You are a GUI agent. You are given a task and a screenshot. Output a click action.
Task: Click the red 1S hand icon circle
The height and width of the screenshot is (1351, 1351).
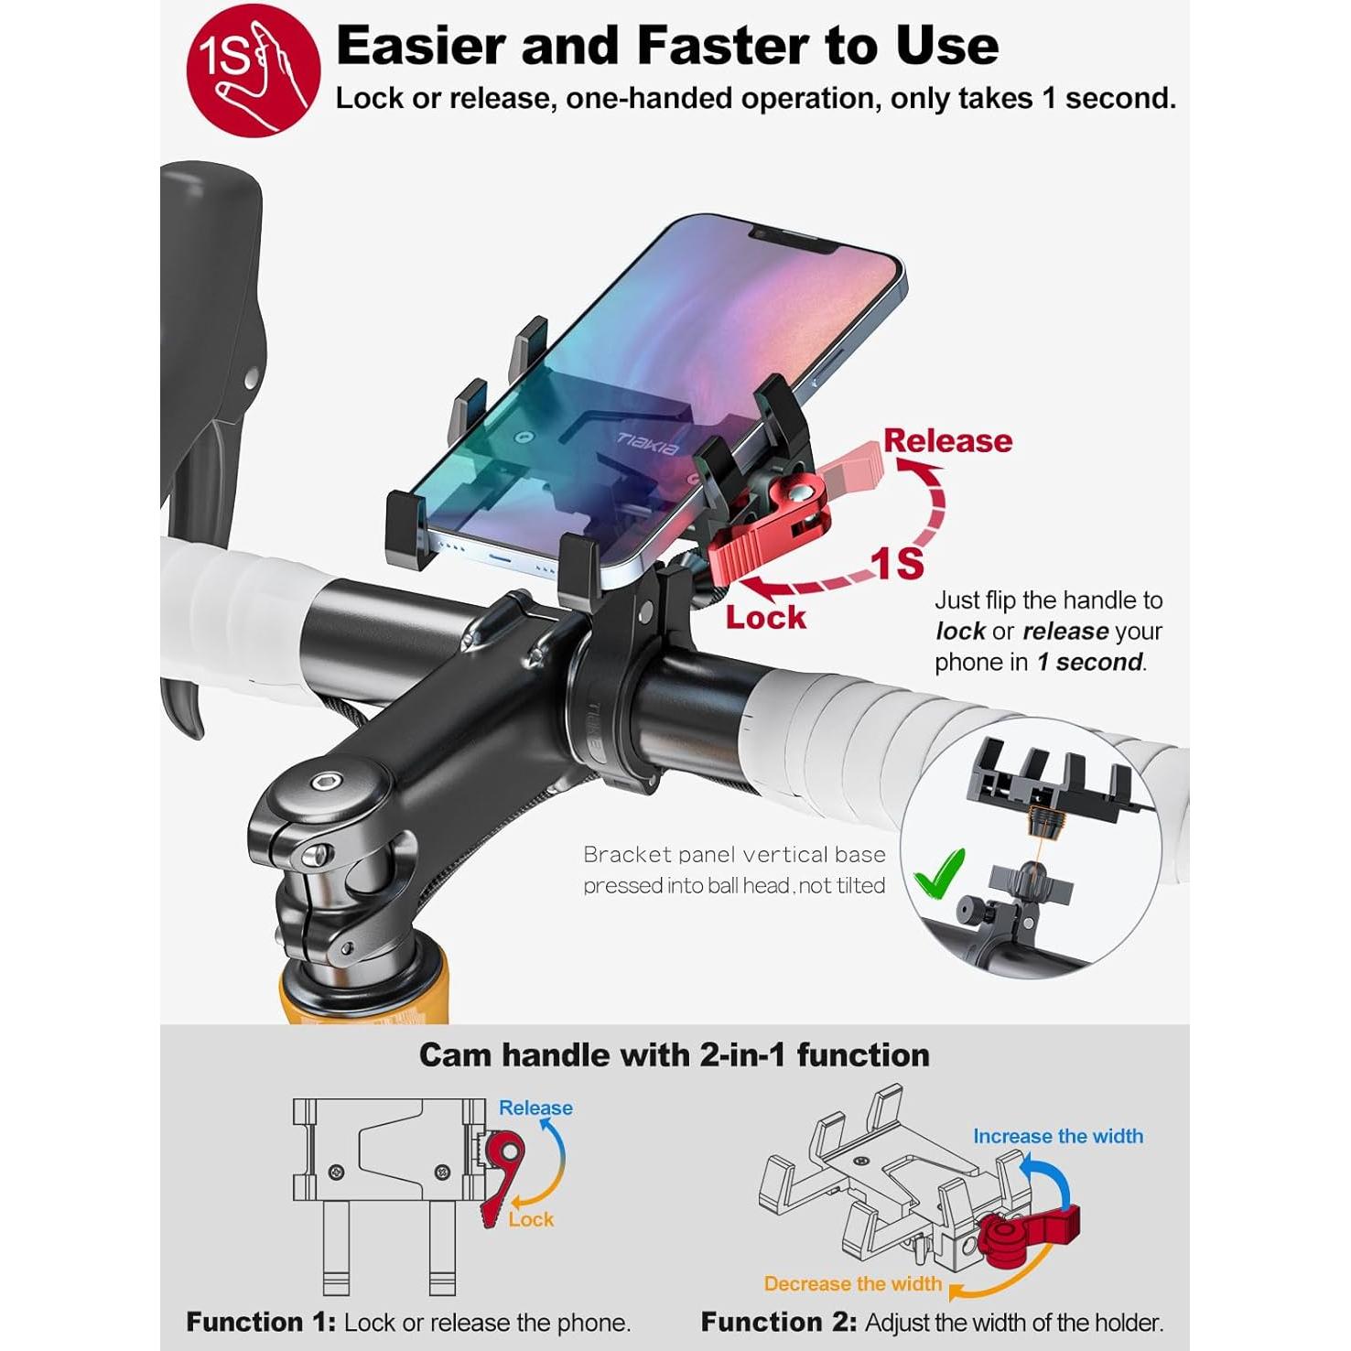(x=253, y=70)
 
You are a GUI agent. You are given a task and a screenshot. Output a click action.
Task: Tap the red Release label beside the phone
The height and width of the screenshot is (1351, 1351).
(x=947, y=441)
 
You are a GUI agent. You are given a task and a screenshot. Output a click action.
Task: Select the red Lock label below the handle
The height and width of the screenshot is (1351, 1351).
(x=765, y=618)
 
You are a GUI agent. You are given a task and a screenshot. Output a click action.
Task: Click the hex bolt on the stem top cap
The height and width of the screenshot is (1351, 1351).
(x=325, y=782)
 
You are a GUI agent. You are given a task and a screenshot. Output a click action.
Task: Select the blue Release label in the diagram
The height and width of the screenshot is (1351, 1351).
(x=535, y=1108)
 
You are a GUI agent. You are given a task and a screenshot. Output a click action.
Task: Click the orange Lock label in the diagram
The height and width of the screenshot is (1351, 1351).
(x=531, y=1219)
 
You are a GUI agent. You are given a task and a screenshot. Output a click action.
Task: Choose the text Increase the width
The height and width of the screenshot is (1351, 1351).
(x=1057, y=1136)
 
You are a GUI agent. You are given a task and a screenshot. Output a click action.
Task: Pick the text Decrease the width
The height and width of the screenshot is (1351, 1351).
(x=852, y=1283)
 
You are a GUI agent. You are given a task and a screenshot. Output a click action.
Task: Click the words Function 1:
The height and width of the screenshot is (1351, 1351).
(x=261, y=1322)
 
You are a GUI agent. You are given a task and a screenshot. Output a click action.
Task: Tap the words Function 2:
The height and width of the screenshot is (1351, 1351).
(x=778, y=1322)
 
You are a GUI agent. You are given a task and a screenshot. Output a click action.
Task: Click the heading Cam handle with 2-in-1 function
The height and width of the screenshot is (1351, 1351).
(x=674, y=1055)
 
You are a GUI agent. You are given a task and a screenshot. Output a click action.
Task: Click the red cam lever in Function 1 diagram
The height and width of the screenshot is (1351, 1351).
(x=501, y=1172)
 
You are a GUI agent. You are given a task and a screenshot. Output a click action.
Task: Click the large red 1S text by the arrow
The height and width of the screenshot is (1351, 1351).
(x=897, y=562)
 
